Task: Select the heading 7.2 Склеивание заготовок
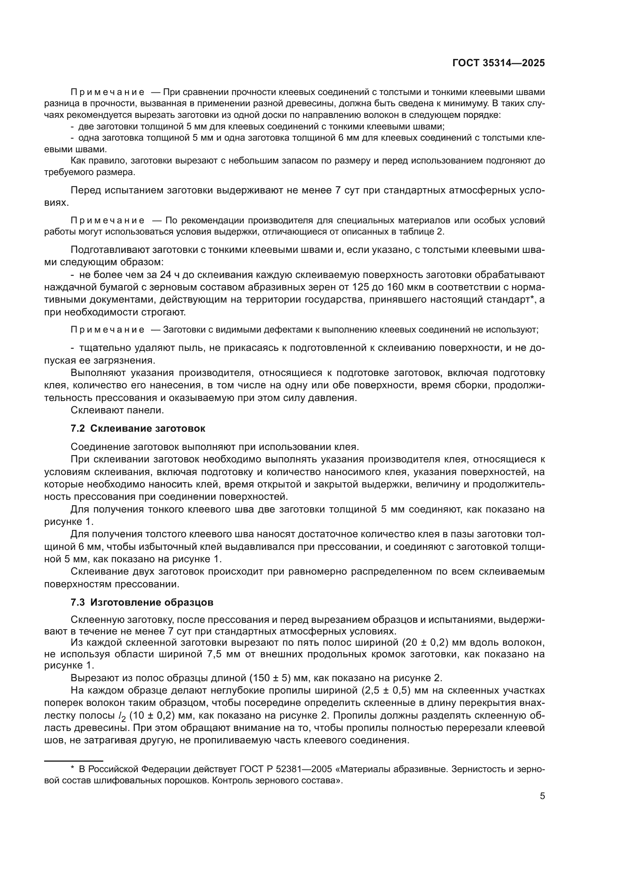(x=138, y=429)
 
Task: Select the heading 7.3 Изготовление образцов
(x=142, y=603)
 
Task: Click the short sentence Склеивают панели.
(x=117, y=410)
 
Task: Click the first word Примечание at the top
(x=107, y=93)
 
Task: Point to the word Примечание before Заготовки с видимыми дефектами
(x=107, y=330)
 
